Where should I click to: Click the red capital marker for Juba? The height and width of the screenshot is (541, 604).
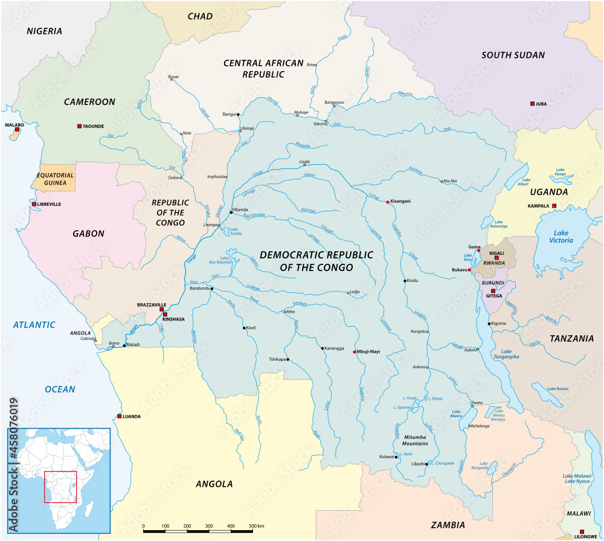(x=532, y=104)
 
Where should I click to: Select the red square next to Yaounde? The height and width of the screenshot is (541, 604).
(x=79, y=126)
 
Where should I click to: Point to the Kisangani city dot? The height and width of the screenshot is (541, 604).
(x=388, y=202)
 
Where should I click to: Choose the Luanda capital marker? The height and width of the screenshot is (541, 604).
(x=120, y=417)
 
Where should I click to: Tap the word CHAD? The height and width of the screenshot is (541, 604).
(x=200, y=16)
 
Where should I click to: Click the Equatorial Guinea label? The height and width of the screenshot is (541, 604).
(x=55, y=179)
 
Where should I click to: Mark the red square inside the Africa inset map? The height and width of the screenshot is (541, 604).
(x=60, y=487)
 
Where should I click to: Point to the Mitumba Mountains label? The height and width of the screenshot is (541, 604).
(x=411, y=440)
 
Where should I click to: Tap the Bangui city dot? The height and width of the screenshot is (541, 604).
(x=239, y=114)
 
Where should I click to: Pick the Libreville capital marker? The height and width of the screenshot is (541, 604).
(x=34, y=204)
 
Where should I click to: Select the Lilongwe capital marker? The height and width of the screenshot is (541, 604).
(x=582, y=532)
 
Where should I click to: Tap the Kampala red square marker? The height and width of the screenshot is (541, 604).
(x=554, y=206)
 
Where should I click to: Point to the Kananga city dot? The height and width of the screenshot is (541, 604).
(x=322, y=348)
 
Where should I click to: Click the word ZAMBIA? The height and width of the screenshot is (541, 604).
(x=448, y=525)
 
